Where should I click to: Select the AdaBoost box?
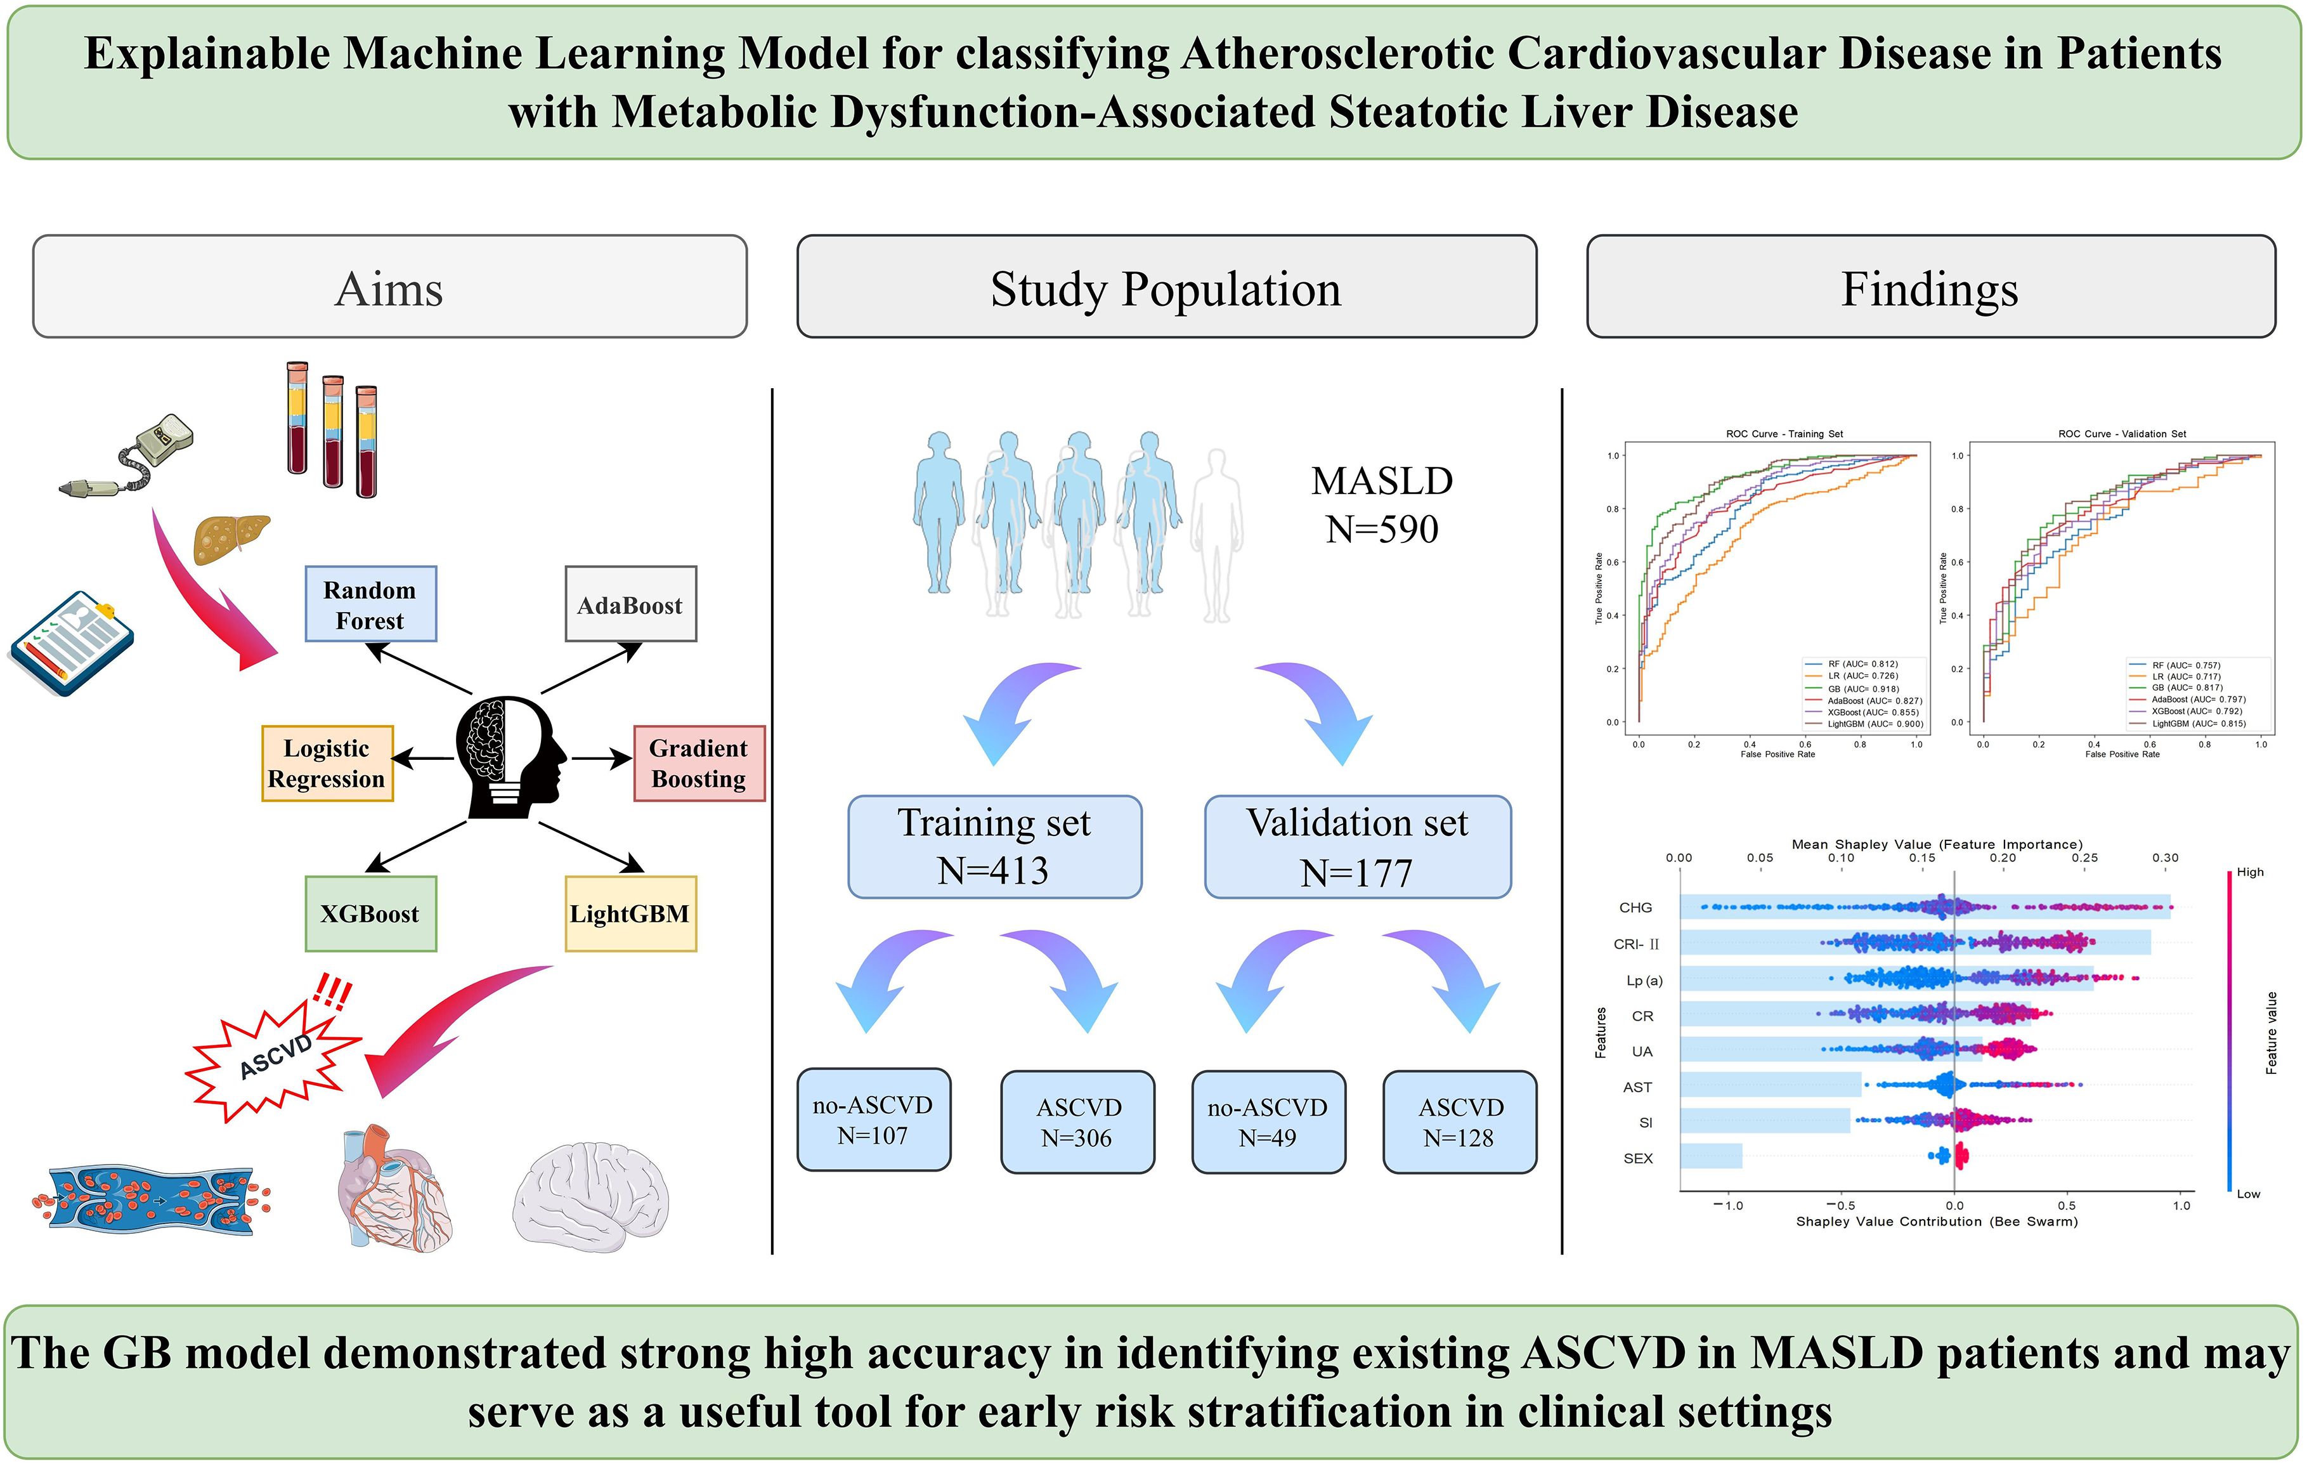pos(630,605)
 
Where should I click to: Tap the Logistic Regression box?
pos(327,764)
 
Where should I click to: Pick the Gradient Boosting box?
pos(698,764)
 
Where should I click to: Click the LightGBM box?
pos(630,914)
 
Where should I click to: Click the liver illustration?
pos(232,539)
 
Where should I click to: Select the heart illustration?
pos(393,1188)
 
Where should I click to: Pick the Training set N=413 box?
pos(994,847)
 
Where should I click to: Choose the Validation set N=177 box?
pos(1358,847)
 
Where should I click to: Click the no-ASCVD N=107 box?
pos(874,1120)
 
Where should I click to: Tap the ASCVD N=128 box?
pos(1459,1122)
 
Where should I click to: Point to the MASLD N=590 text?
pos(1382,505)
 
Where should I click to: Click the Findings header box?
pos(1930,287)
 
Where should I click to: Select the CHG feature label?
pos(1635,907)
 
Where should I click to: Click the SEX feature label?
pos(1638,1158)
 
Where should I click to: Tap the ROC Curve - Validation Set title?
pos(2122,434)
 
